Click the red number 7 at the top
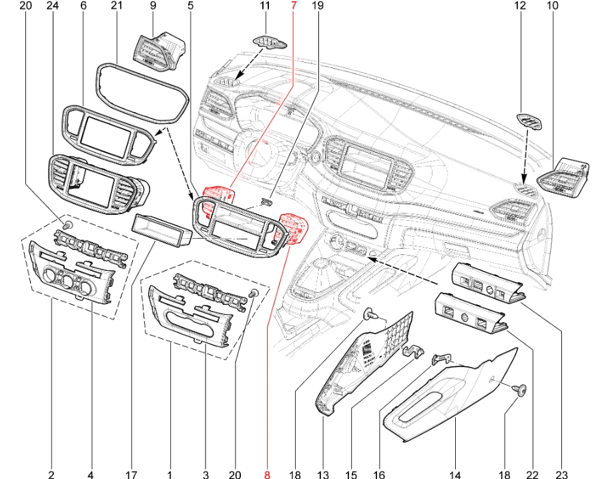tap(293, 6)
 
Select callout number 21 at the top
tap(117, 6)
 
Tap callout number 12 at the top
tap(521, 6)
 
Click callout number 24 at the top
tap(53, 6)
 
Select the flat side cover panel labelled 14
tap(454, 394)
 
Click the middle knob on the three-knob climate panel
tap(67, 282)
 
